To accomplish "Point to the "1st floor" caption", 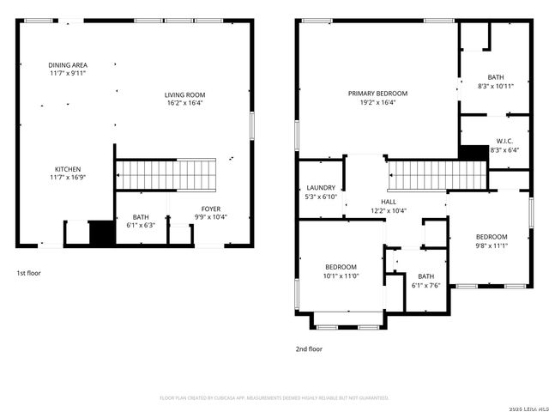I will (x=28, y=273).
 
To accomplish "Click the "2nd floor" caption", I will (x=309, y=348).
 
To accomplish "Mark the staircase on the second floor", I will (x=437, y=175).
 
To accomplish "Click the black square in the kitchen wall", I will (x=102, y=233).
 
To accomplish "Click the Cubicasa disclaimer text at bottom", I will (x=274, y=397).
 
